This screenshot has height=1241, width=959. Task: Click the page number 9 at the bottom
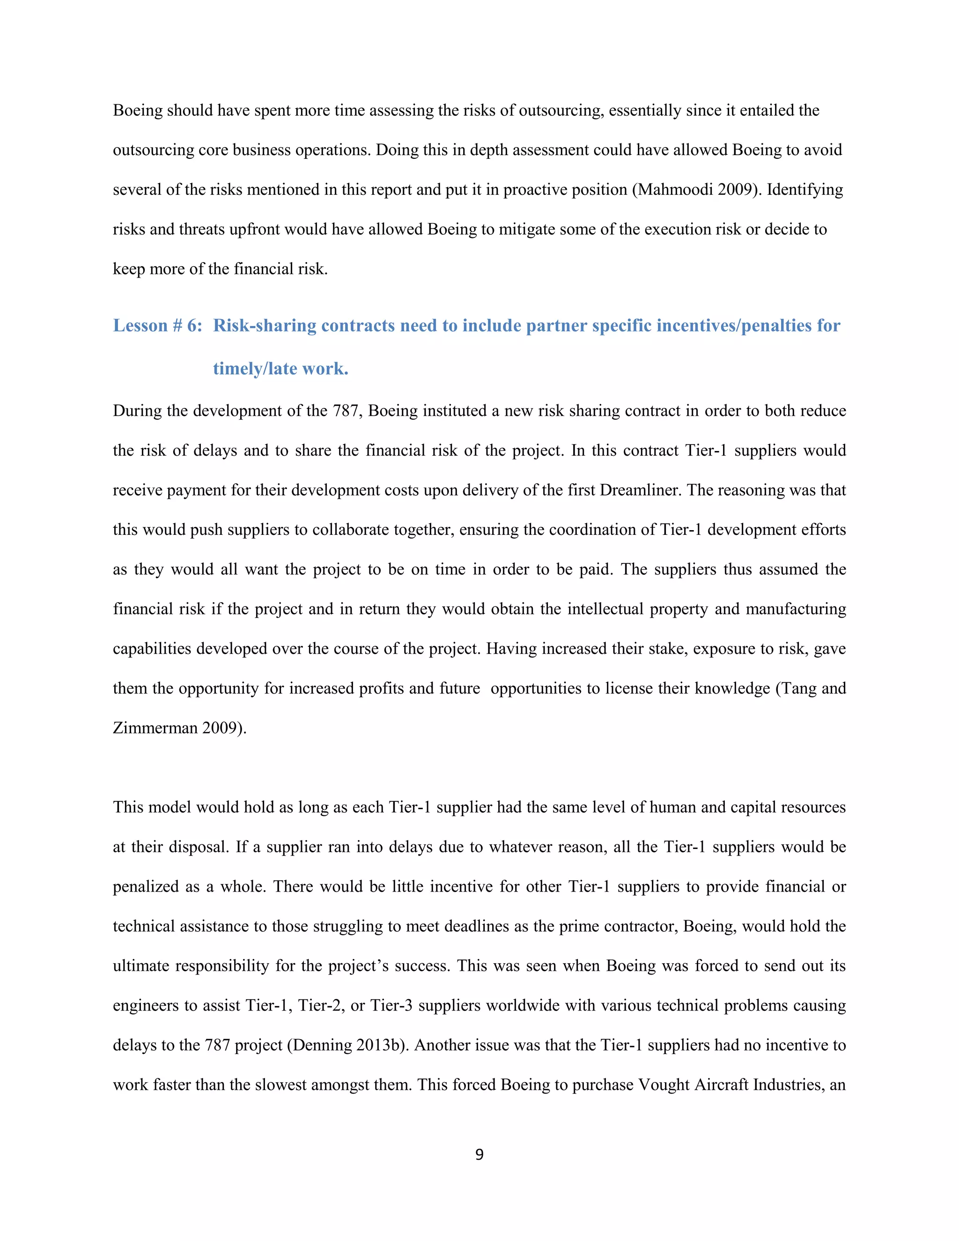pos(479,1155)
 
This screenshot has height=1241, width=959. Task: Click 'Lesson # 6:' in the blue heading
pos(157,325)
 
